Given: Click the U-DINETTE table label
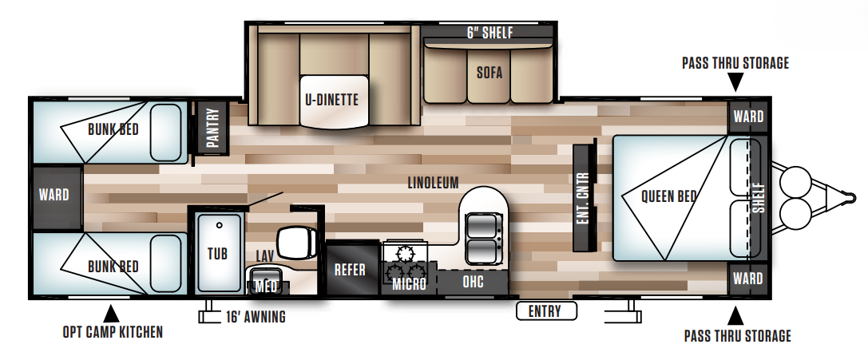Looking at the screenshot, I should coord(331,100).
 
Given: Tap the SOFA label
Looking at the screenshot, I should coord(489,72).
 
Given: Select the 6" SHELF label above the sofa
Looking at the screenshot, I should coord(489,33).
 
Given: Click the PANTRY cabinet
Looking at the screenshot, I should coord(212,128).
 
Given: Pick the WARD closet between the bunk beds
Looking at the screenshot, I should coord(54,195).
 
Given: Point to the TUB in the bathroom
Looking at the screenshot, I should coord(217,252).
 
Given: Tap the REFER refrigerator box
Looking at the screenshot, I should coord(350,270).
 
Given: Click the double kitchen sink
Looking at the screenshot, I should coord(482,236).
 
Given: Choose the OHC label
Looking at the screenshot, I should coord(473,282).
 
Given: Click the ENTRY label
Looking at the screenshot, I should coord(545,311).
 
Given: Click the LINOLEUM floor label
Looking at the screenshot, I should coord(432,183).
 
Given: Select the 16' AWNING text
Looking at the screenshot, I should coord(255,317).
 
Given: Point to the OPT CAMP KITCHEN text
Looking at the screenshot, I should coord(113,331).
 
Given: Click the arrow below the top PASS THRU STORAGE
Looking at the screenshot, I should coord(735,81).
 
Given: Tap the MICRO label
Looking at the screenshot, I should coord(410,283).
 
